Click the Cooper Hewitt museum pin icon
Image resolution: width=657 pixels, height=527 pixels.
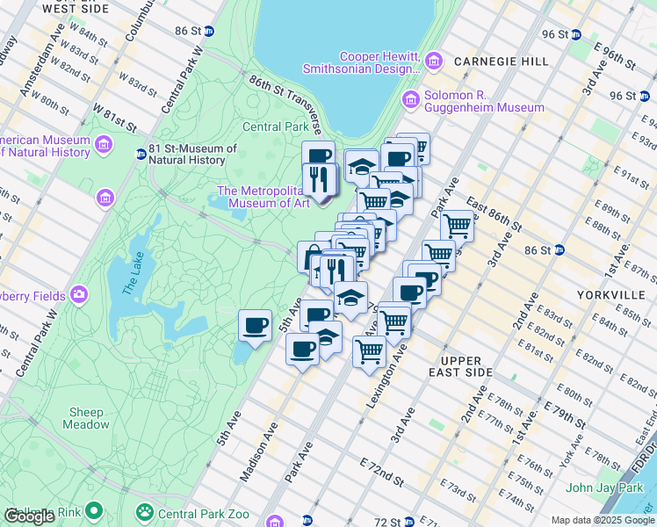pos(434,61)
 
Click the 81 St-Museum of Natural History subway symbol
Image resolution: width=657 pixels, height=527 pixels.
pos(141,155)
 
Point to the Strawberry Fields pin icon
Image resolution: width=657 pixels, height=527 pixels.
pos(80,294)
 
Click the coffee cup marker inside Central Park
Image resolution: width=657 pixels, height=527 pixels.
pos(255,326)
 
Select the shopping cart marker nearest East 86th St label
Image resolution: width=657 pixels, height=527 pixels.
pos(457,225)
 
